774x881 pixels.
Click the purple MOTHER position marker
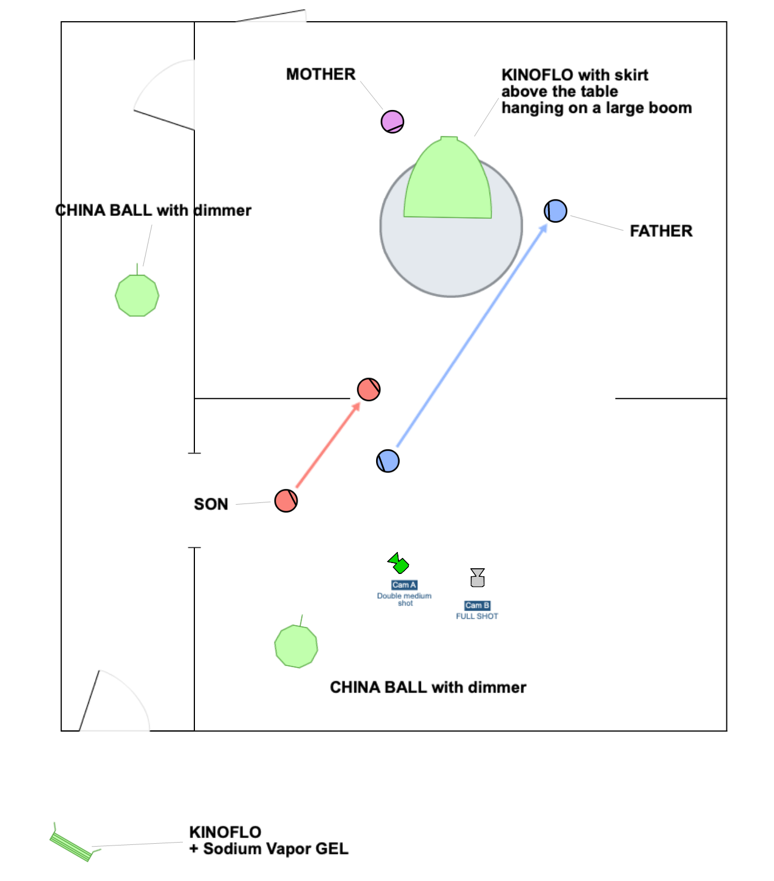click(392, 121)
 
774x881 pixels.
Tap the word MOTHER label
click(320, 74)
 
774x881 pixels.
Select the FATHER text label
click(660, 231)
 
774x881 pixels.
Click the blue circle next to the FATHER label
click(555, 211)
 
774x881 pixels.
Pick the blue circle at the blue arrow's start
click(388, 461)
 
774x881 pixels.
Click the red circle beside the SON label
click(286, 501)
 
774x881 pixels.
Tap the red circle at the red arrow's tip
click(369, 390)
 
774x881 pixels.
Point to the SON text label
click(211, 504)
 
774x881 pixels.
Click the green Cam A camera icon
click(398, 563)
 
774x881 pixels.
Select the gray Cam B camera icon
click(478, 577)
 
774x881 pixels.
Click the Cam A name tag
click(404, 585)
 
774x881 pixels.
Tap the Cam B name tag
click(477, 605)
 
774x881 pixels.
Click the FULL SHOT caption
click(477, 616)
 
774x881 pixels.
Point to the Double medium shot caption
click(404, 599)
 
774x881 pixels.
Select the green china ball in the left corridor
click(137, 295)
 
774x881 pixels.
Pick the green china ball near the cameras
click(296, 646)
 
